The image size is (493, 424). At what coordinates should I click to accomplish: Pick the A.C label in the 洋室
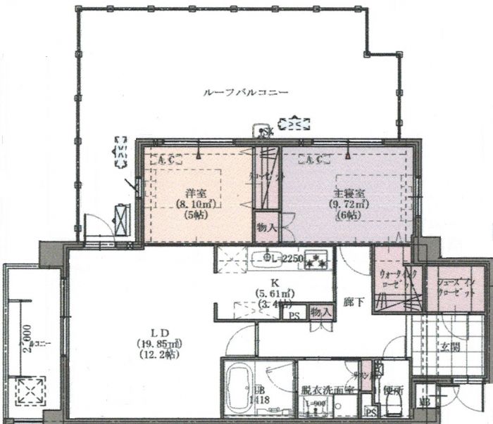coord(167,160)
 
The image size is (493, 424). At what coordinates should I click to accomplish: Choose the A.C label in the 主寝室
coord(314,160)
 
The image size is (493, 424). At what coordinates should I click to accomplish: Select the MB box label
coord(425,403)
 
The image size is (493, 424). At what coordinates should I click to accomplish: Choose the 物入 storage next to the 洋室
coord(266,227)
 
